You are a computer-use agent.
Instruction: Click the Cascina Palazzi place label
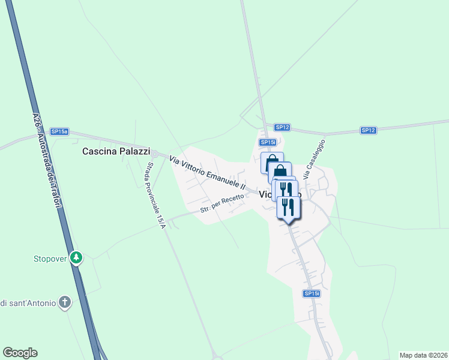[x=116, y=152]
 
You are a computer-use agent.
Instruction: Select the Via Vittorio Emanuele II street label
[x=208, y=173]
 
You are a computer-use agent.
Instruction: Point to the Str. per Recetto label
[x=222, y=204]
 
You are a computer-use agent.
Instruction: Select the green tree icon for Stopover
[x=76, y=258]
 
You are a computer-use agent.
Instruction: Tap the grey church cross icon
[x=65, y=302]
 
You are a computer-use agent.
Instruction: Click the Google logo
[x=20, y=353]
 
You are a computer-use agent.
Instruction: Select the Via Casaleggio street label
[x=314, y=160]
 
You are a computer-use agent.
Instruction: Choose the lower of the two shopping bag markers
[x=280, y=173]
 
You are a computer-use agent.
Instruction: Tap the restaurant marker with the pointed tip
[x=289, y=208]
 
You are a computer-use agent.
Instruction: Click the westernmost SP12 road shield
[x=283, y=127]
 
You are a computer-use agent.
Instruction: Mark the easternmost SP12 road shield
[x=368, y=130]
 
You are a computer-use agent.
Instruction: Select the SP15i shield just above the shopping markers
[x=268, y=142]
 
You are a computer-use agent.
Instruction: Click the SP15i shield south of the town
[x=311, y=293]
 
